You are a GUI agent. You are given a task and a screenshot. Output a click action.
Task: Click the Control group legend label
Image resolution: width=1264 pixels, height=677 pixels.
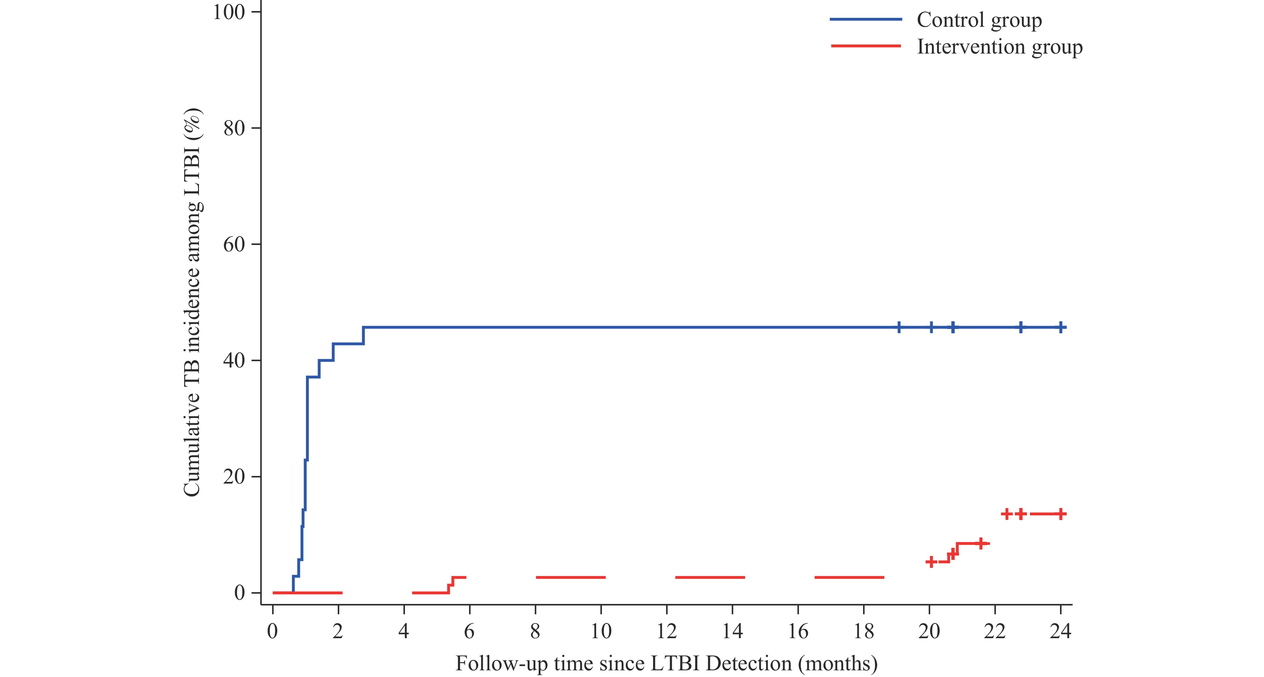click(979, 20)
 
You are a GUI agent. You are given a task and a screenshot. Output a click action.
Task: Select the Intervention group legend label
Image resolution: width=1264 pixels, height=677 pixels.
click(999, 47)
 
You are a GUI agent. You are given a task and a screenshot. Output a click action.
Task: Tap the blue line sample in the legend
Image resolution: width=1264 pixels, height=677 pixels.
click(865, 19)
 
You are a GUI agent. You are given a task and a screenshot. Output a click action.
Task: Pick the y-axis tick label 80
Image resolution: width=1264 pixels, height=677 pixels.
click(234, 128)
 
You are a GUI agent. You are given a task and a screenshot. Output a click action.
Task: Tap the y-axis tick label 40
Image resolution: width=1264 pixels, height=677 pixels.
click(234, 360)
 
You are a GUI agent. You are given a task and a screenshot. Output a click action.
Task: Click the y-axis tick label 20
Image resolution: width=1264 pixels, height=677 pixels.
click(234, 476)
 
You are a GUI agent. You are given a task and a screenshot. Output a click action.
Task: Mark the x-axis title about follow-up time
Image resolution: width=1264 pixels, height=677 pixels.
click(666, 663)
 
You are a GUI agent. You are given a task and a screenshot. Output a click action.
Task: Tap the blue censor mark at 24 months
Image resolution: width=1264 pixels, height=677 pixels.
click(1060, 327)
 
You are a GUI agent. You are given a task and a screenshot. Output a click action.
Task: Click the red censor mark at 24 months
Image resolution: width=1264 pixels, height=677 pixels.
click(1060, 514)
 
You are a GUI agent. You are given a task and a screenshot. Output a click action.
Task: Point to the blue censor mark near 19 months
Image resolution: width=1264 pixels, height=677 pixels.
click(899, 327)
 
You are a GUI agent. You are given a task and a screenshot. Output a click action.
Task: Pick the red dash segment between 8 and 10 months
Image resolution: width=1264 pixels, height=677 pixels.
click(570, 577)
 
